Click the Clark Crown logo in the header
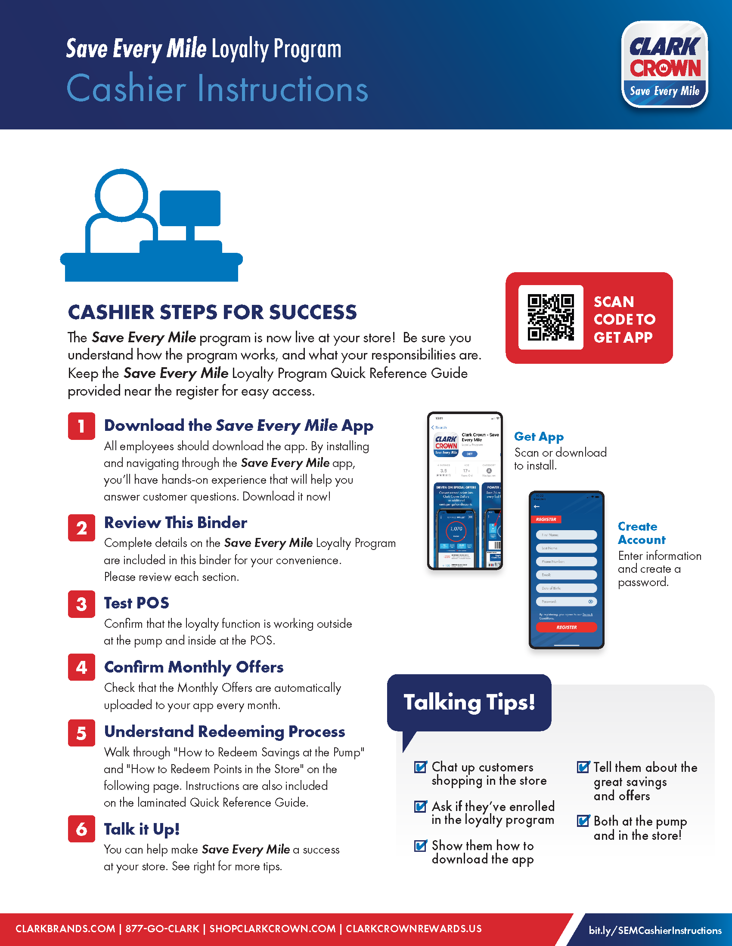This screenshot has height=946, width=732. tap(664, 64)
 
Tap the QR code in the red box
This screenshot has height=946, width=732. tap(551, 317)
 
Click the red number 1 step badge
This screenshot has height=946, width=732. tap(81, 426)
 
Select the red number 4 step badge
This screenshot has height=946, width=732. tap(81, 667)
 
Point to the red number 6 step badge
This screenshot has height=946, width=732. tap(81, 829)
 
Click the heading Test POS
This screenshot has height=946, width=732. tap(136, 603)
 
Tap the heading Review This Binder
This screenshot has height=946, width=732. tap(176, 523)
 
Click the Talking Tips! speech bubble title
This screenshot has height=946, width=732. tap(469, 702)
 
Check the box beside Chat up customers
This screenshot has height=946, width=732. tap(420, 767)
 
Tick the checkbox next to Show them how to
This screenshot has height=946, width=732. tap(420, 845)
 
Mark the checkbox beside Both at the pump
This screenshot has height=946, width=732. tap(583, 821)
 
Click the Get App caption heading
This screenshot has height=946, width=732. tap(539, 436)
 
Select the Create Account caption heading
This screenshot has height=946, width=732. tap(641, 533)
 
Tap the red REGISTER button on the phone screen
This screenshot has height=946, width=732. tap(566, 627)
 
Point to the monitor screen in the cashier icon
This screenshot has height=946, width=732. tap(190, 208)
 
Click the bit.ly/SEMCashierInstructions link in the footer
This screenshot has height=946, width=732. tap(655, 931)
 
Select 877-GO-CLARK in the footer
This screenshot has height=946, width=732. tap(162, 929)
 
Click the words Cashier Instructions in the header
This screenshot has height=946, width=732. tap(217, 89)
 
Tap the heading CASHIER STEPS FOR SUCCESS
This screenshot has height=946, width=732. tap(212, 312)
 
